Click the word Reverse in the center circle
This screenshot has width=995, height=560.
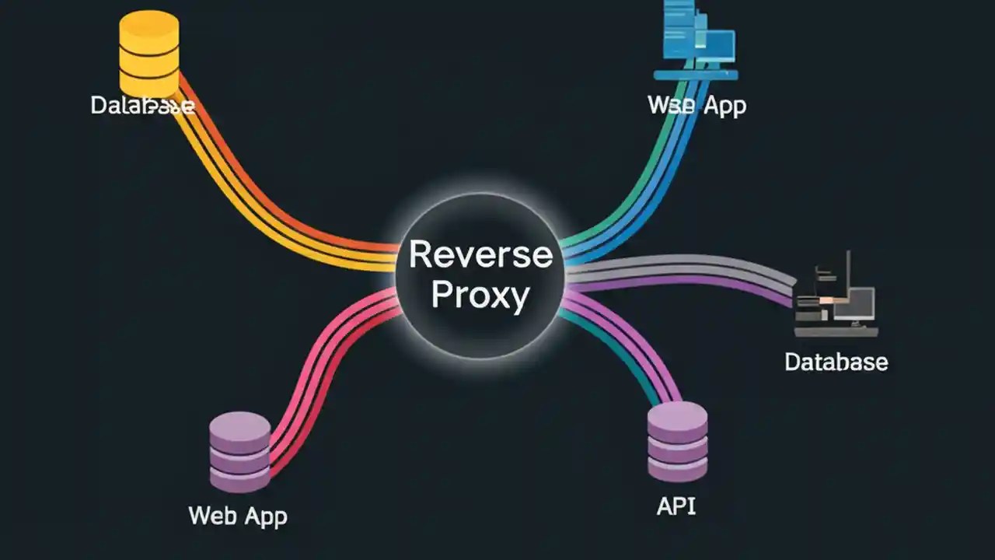tap(480, 254)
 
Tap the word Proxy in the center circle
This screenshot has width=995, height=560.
tap(480, 296)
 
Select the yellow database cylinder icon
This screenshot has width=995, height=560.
tap(148, 54)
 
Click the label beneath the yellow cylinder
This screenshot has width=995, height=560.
tap(142, 105)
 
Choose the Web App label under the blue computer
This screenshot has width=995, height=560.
tap(696, 105)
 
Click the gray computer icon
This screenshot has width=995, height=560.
tap(836, 299)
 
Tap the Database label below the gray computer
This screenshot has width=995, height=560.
tap(836, 362)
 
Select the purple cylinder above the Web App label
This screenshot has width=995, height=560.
tap(240, 452)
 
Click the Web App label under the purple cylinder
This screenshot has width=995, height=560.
tap(238, 515)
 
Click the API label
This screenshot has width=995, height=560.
tap(676, 506)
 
